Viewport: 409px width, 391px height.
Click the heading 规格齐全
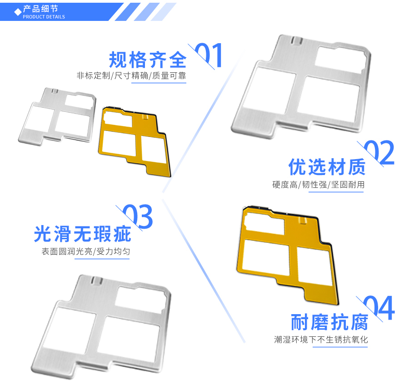tap(148, 60)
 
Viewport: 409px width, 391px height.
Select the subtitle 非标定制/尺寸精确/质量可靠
tap(131, 75)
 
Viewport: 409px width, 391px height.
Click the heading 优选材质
tap(327, 167)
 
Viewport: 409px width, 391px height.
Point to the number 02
tap(379, 153)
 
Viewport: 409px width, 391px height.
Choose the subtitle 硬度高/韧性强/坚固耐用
tap(318, 185)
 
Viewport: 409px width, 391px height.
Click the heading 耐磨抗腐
tap(329, 322)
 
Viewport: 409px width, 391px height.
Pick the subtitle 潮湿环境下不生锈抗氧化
tap(320, 339)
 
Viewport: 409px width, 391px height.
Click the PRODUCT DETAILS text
tap(44, 17)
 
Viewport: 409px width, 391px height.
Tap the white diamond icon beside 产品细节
tap(18, 11)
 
